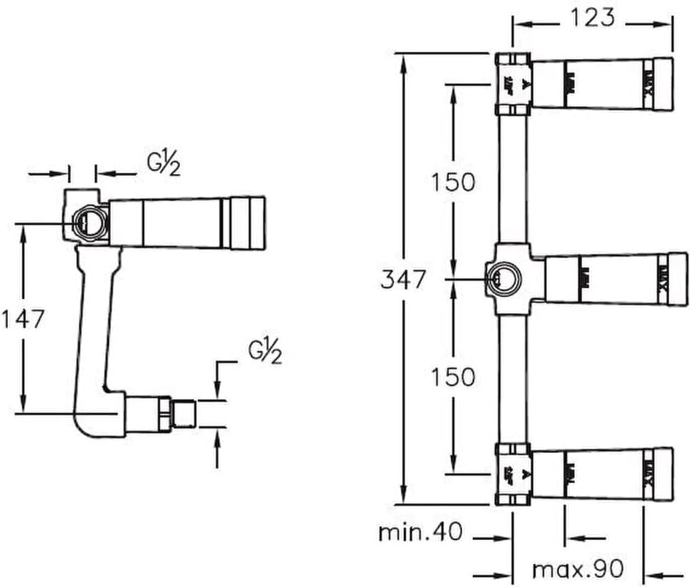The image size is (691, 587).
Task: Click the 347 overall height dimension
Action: click(403, 279)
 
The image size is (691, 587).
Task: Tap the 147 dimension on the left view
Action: click(22, 319)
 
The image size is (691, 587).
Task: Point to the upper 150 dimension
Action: click(453, 181)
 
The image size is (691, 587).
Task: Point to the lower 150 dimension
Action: click(453, 376)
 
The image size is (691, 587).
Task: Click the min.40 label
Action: click(420, 532)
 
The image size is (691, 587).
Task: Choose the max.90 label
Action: click(577, 567)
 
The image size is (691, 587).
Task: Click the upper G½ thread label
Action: click(164, 163)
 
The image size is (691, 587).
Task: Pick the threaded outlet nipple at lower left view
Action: click(183, 413)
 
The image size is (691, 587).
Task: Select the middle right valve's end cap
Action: click(677, 278)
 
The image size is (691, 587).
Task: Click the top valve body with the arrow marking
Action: click(513, 84)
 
